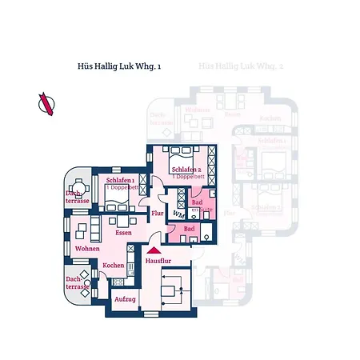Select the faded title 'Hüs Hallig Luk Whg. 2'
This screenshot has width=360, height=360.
[x=242, y=70]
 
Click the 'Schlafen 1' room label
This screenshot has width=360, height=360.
[x=119, y=181]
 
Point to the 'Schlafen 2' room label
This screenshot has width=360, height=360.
[x=186, y=170]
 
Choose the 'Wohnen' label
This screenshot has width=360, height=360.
[x=87, y=249]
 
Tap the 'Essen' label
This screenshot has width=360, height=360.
[x=123, y=232]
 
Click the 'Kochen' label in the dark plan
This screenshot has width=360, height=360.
[x=113, y=265]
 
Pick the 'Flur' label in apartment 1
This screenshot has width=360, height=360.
[x=158, y=214]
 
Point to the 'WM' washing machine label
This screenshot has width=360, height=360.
[x=178, y=215]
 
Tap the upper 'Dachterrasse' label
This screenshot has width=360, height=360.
[x=77, y=198]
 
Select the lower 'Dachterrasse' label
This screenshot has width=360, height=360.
[x=77, y=282]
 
